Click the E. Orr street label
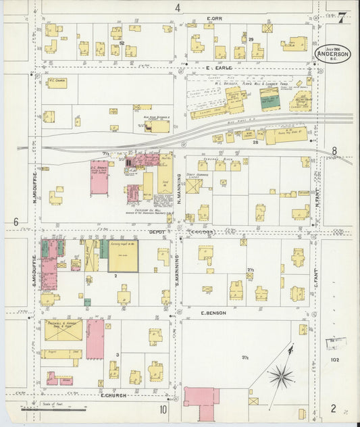[215, 18]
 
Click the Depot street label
[157, 232]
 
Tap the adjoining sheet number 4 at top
[178, 8]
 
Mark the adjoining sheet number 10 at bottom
[163, 409]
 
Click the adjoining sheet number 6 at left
[16, 222]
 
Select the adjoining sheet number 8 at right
[334, 151]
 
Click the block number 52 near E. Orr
[122, 44]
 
